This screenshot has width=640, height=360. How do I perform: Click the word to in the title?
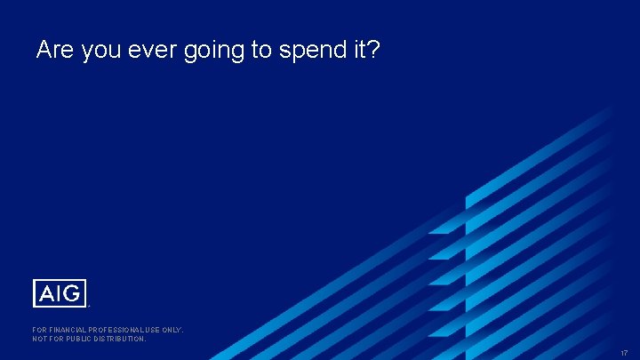tap(261, 51)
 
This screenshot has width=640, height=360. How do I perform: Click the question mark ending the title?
tap(373, 51)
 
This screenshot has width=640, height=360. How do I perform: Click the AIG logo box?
tap(60, 292)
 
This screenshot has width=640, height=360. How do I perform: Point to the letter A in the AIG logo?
tap(45, 292)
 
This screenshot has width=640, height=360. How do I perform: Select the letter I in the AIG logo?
tap(59, 292)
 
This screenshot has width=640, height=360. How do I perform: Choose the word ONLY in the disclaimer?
tap(172, 330)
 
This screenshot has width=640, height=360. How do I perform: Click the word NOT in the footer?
tap(40, 339)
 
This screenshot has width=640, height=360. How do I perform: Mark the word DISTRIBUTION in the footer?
tap(121, 339)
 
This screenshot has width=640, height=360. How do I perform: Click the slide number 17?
tap(624, 352)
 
